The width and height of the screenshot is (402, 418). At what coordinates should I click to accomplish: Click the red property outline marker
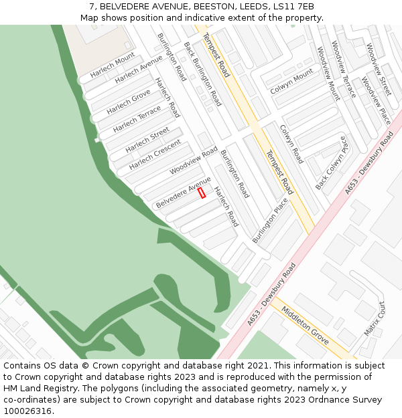pyautogui.click(x=202, y=193)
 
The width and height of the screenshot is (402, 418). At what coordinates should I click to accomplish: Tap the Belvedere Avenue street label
pyautogui.click(x=183, y=193)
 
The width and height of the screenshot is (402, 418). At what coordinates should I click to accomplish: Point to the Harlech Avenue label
pyautogui.click(x=139, y=70)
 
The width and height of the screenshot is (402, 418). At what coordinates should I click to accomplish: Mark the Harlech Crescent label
pyautogui.click(x=155, y=154)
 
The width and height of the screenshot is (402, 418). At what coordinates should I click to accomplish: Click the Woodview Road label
pyautogui.click(x=194, y=161)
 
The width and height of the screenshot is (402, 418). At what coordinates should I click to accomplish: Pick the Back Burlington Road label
pyautogui.click(x=202, y=74)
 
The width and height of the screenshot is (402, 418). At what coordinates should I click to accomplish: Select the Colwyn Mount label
pyautogui.click(x=291, y=81)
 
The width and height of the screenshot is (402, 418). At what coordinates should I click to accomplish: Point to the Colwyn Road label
pyautogui.click(x=291, y=144)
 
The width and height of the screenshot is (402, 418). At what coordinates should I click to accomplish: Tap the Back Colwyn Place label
pyautogui.click(x=332, y=163)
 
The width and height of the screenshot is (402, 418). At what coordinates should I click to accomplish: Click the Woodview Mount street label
pyautogui.click(x=328, y=73)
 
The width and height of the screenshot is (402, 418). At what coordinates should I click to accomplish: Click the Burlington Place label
pyautogui.click(x=270, y=219)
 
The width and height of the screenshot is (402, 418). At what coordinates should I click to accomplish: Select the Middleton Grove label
pyautogui.click(x=305, y=326)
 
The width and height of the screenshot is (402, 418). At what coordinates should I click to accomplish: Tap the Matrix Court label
pyautogui.click(x=375, y=318)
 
